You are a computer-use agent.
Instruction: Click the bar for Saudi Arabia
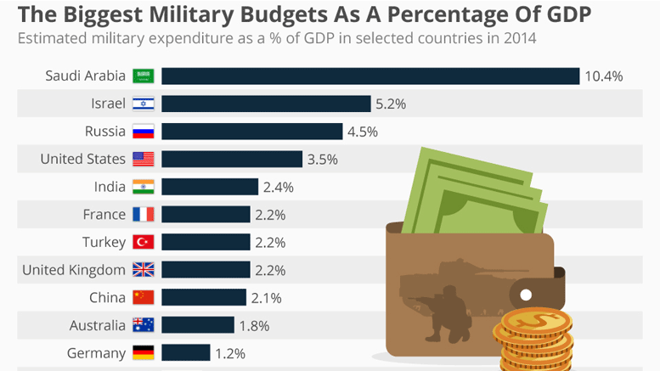369,76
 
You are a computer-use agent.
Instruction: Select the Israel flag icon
142,104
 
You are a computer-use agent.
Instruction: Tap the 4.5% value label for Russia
362,132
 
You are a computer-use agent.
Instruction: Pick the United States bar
231,160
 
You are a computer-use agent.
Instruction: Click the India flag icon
142,187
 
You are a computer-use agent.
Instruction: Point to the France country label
104,215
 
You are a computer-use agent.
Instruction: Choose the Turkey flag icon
142,242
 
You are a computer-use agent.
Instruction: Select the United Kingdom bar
206,270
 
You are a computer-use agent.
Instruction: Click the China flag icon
142,297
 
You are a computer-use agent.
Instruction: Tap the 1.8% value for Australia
253,325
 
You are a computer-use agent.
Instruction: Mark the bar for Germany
185,352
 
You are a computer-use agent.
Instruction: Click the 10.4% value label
603,76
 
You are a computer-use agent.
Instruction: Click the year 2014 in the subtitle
520,39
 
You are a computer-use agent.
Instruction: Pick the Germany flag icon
142,352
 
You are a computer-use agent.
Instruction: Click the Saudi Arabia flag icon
142,76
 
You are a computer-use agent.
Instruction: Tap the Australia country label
98,325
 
